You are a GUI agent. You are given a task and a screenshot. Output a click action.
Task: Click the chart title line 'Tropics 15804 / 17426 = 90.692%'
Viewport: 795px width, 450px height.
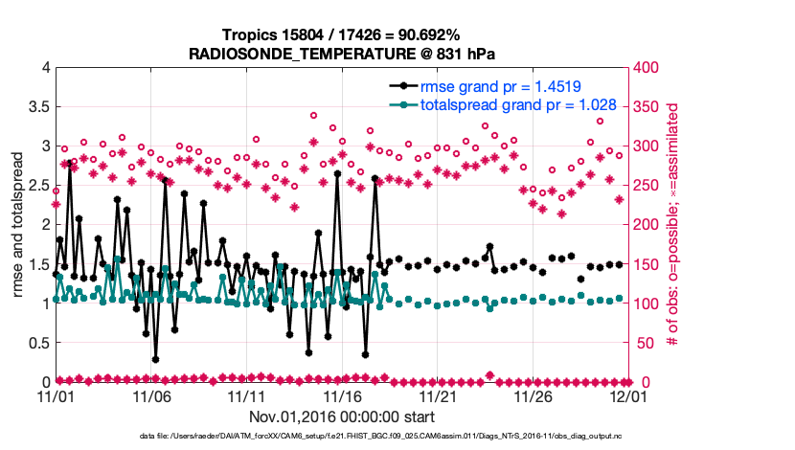(x=342, y=35)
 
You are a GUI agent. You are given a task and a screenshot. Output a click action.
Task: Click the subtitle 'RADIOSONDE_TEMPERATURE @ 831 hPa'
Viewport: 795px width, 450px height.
(x=342, y=54)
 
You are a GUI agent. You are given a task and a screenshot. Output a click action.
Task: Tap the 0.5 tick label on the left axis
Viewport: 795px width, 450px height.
(x=38, y=343)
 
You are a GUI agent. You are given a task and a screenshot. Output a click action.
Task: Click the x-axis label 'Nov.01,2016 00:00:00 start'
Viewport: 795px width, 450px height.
(x=342, y=417)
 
